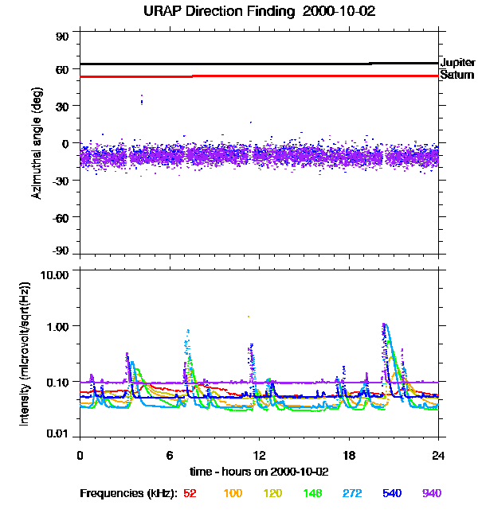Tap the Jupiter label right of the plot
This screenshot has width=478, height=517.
point(457,62)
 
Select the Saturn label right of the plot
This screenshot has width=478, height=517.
point(456,75)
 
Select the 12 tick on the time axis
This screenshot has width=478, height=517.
point(259,455)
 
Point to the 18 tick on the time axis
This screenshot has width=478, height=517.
point(349,455)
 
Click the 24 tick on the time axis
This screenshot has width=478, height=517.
point(438,455)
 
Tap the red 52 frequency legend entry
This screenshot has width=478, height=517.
point(190,493)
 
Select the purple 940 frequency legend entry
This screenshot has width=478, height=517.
point(431,493)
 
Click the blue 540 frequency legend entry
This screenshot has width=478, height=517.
point(390,493)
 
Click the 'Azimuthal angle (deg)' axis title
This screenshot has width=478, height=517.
point(37,143)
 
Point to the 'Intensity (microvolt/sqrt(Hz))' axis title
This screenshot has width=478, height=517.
point(25,354)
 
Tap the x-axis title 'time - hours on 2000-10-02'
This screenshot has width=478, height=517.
point(259,471)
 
